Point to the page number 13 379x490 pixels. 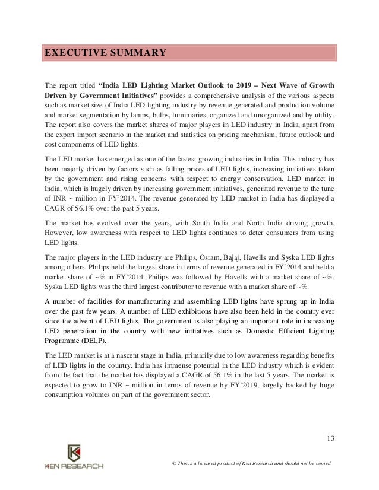(330, 438)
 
